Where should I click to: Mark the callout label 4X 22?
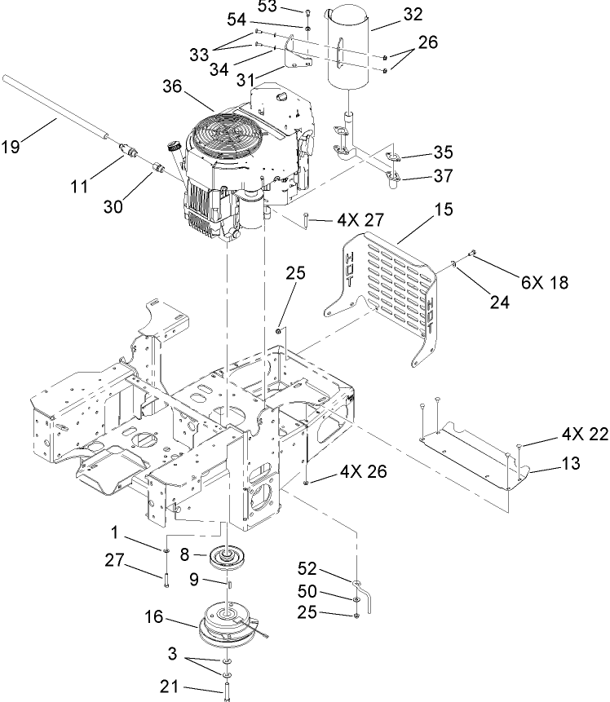585,435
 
